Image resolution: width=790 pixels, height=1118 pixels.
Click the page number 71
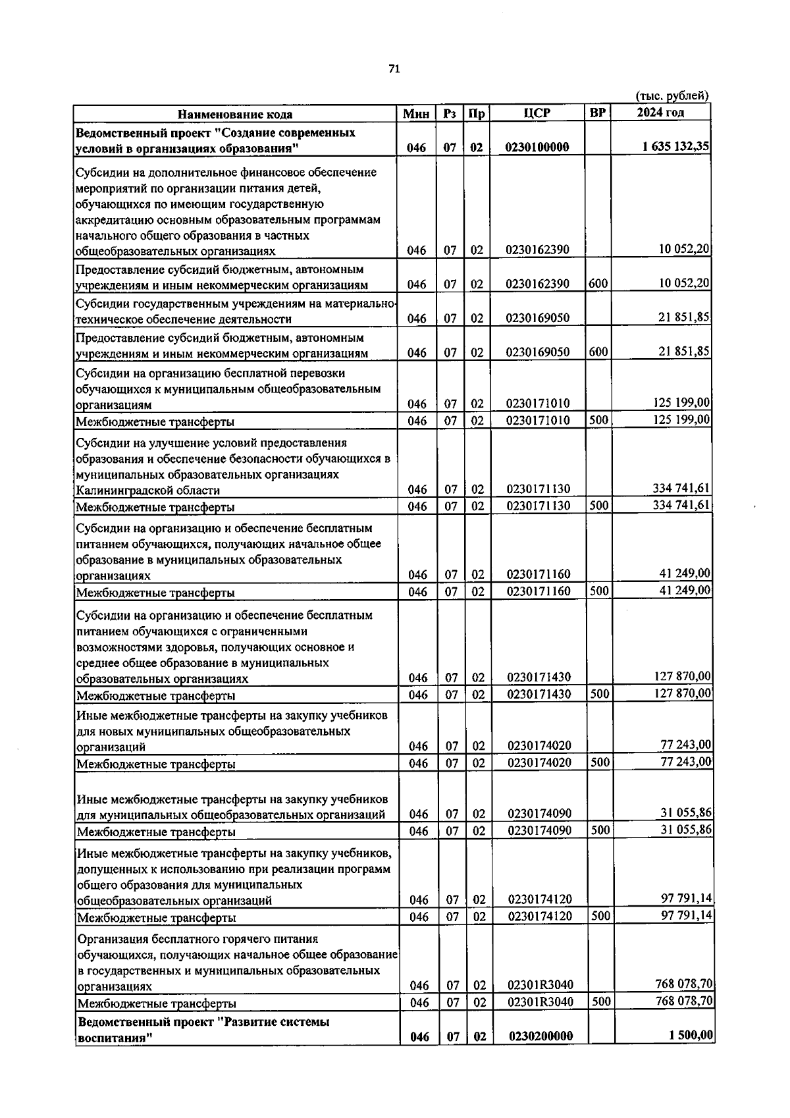pyautogui.click(x=394, y=68)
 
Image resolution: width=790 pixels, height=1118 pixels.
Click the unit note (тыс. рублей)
pyautogui.click(x=671, y=96)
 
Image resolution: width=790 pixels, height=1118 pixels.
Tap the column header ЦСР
pyautogui.click(x=537, y=113)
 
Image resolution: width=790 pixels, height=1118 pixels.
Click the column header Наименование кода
pyautogui.click(x=235, y=114)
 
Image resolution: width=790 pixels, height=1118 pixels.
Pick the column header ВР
pyautogui.click(x=597, y=113)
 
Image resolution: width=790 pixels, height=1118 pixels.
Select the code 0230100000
pyautogui.click(x=537, y=147)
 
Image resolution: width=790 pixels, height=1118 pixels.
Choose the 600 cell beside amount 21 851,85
pyautogui.click(x=598, y=352)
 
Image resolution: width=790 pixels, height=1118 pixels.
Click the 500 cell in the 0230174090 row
pyautogui.click(x=599, y=830)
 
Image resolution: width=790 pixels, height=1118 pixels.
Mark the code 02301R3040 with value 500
pyautogui.click(x=540, y=1002)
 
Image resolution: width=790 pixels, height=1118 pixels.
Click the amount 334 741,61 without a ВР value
pyautogui.click(x=681, y=489)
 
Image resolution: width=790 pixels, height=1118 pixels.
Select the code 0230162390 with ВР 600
pyautogui.click(x=537, y=284)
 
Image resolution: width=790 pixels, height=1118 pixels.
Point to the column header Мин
pyautogui.click(x=417, y=114)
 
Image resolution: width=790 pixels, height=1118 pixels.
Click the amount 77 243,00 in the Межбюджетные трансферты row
pyautogui.click(x=685, y=762)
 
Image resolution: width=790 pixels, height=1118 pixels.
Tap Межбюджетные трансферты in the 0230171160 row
pyautogui.click(x=155, y=593)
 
